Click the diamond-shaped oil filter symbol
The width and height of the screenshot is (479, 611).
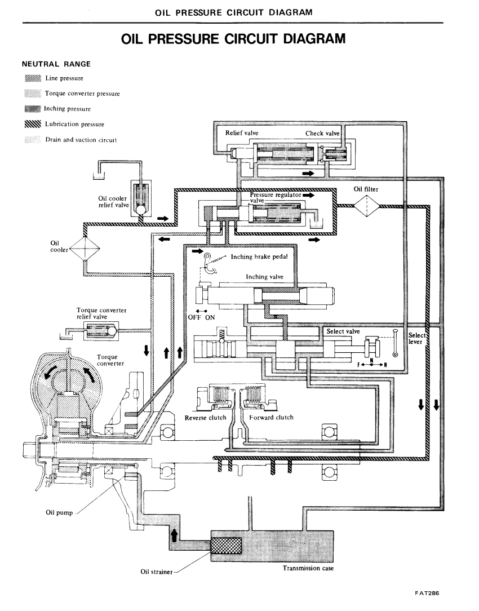point(366,205)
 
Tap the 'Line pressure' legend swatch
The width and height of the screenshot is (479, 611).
point(33,78)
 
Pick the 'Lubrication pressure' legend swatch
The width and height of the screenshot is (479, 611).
point(33,125)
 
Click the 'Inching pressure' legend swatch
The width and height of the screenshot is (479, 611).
point(33,109)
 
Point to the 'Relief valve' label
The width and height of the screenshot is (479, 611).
point(241,133)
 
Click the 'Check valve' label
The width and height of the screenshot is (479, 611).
point(322,133)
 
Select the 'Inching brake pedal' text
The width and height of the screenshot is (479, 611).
point(259,257)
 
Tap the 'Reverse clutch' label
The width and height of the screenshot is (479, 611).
point(205,418)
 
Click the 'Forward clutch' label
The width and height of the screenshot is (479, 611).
point(272,417)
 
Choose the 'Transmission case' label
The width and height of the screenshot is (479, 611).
point(308,568)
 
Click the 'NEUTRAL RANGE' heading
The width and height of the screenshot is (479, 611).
point(56,64)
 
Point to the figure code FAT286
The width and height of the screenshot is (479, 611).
point(427,594)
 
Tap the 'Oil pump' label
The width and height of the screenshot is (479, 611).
point(59,513)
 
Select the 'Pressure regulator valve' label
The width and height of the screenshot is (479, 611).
point(276,198)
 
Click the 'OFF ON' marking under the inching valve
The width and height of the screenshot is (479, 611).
point(201,317)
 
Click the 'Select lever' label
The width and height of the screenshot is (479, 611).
point(417,338)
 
